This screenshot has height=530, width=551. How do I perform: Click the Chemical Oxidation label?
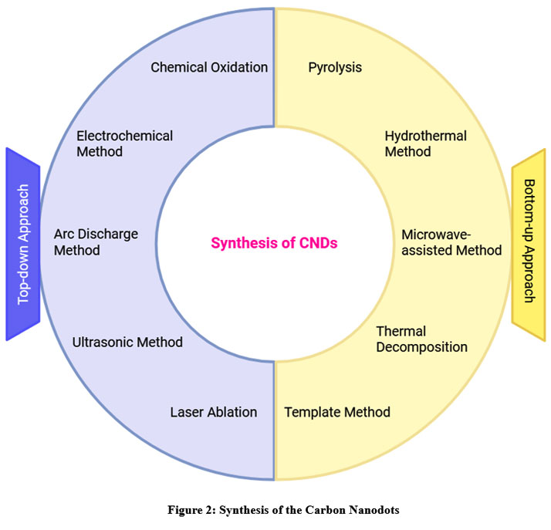pos(209,67)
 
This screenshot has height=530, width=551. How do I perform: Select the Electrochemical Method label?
pos(124,143)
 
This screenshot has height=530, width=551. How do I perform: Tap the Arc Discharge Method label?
pos(96,241)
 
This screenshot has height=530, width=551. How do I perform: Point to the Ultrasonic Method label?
pos(127,342)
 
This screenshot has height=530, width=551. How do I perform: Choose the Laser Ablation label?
pos(213,412)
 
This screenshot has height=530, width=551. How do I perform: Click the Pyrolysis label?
pos(335,67)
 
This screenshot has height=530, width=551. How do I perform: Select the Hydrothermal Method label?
pos(425,143)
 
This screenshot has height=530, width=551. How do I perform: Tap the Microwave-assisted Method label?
pos(451,241)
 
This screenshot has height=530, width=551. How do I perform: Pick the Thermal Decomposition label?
pos(421,339)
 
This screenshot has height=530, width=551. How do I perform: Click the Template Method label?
pos(337,412)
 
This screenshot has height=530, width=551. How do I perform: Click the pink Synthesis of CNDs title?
pos(275,242)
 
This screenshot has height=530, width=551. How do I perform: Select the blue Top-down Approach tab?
pos(23,244)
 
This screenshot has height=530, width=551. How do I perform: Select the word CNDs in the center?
pos(320,242)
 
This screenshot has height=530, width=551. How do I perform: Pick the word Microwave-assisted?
pos(451,233)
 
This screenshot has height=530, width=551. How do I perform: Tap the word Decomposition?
pos(421,347)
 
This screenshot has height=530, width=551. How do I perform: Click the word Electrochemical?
pos(124,136)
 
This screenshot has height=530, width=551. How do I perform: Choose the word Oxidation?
pos(239,67)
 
